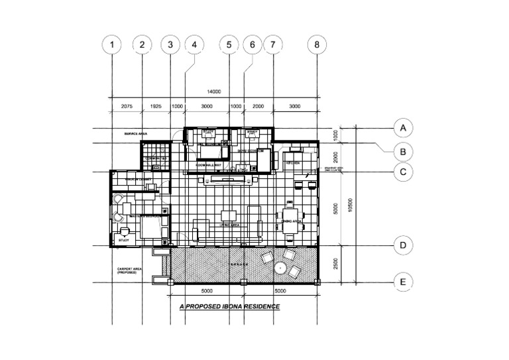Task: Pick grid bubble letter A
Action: (x=402, y=127)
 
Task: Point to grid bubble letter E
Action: (x=402, y=282)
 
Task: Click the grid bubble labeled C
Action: (x=402, y=172)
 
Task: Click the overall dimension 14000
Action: (x=213, y=91)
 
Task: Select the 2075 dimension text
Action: (x=127, y=106)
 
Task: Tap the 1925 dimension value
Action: (x=156, y=106)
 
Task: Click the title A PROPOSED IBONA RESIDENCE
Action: (x=230, y=307)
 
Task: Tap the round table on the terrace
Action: (x=280, y=269)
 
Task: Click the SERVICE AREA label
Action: (x=135, y=134)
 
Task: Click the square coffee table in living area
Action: (x=229, y=215)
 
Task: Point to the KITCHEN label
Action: (x=294, y=162)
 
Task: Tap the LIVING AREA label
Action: (x=229, y=225)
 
